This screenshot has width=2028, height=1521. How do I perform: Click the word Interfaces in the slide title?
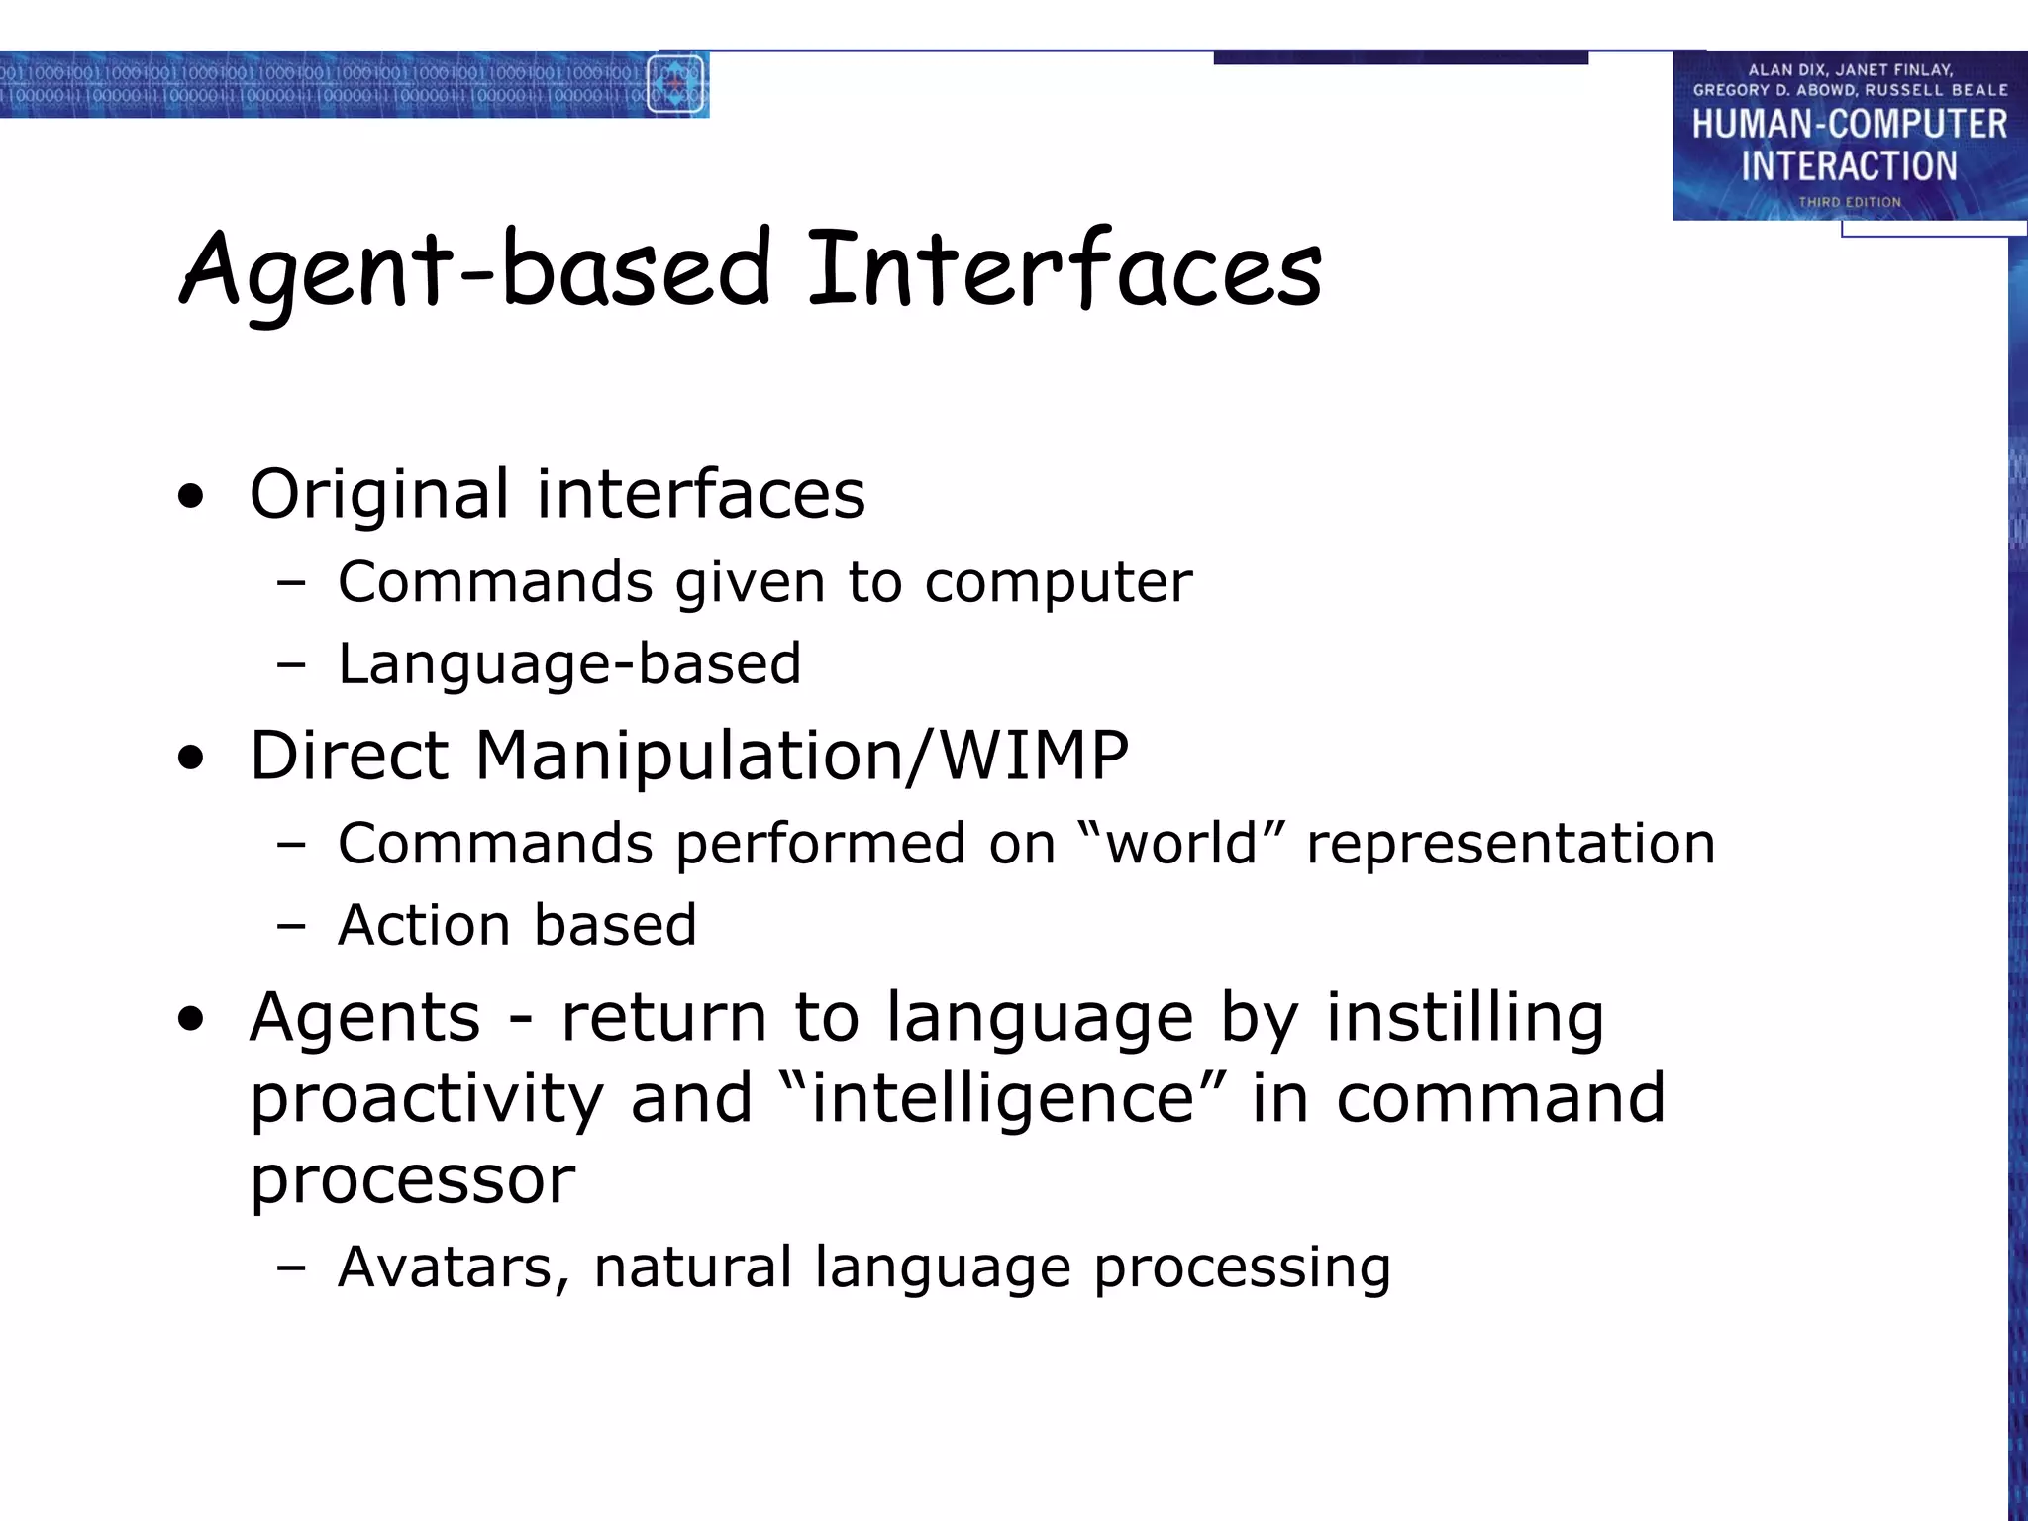(1065, 267)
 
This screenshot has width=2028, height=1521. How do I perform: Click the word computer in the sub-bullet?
(1058, 582)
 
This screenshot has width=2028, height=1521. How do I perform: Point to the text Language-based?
(569, 663)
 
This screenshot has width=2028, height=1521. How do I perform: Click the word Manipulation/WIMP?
(802, 757)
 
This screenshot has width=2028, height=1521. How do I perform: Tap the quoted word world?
(1180, 844)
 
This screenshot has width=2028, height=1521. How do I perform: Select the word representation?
(1510, 844)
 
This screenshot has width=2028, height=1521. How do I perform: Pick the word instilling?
(1465, 1018)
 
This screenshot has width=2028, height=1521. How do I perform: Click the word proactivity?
(427, 1099)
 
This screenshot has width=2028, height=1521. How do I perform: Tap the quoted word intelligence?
(1002, 1099)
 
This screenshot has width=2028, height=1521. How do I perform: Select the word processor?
(412, 1180)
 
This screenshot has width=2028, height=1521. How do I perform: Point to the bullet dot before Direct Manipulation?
(191, 760)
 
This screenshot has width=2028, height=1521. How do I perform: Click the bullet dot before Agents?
(191, 1020)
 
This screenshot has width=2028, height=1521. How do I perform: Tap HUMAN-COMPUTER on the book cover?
(1849, 125)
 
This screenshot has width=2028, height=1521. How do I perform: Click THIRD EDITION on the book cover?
(1849, 202)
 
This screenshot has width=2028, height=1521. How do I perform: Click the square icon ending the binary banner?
(675, 84)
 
